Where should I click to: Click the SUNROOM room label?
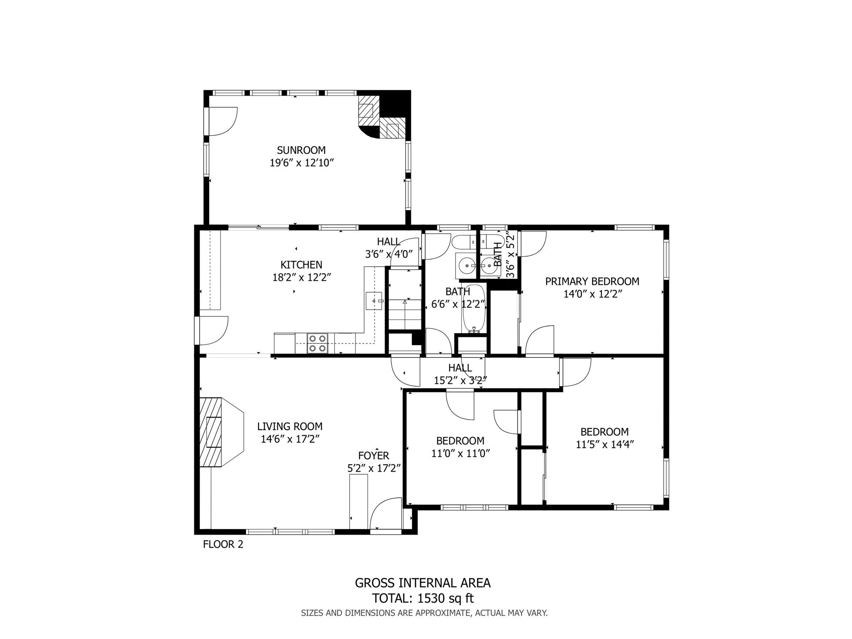point(301,150)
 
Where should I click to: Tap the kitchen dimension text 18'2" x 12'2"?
point(302,277)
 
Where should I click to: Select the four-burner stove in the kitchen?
point(317,344)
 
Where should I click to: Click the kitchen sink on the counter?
point(374,300)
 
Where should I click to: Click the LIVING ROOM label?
point(290,426)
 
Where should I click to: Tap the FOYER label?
point(374,456)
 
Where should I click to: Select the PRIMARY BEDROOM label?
point(592,282)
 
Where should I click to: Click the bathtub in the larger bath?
point(474,308)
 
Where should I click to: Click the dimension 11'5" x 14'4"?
point(604,445)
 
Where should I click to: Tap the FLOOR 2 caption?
point(223,544)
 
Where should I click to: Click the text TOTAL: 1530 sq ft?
point(423,598)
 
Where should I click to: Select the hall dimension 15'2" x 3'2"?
point(460,380)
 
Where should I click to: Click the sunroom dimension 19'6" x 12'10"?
point(302,163)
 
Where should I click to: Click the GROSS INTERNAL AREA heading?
point(423,583)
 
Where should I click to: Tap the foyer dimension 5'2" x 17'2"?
point(374,468)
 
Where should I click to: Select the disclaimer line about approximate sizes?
point(424,613)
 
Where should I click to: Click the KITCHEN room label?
point(301,265)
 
